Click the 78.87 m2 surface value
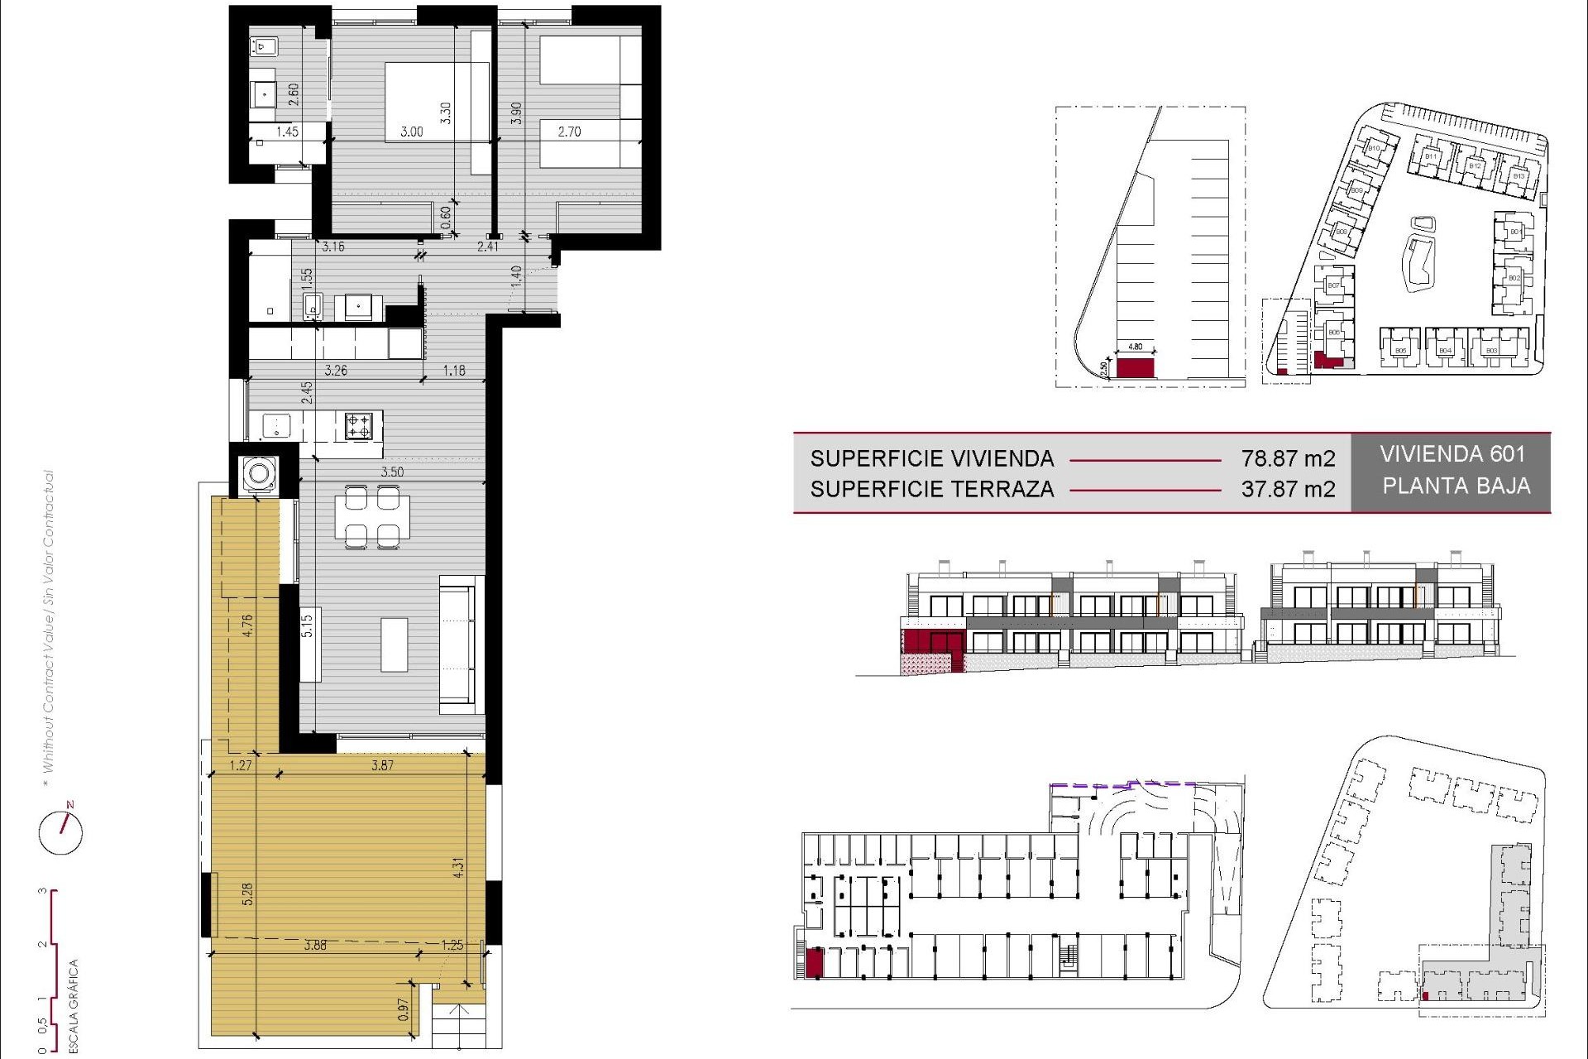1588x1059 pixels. pos(1287,458)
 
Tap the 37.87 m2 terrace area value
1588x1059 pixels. pos(1287,489)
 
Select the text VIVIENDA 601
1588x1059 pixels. pos(1452,454)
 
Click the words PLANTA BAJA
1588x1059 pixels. pos(1456,486)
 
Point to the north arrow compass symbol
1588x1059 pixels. pos(61,831)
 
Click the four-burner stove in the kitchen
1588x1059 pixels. pos(358,426)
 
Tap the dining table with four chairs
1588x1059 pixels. pos(372,517)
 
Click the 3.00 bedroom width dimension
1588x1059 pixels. pos(411,132)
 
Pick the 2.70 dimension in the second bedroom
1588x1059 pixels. pos(569,132)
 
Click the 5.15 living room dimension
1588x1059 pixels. pos(307,625)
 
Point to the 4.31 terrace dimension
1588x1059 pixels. pos(458,867)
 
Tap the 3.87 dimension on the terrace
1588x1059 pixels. pos(382,765)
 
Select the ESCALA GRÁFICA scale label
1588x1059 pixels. pos(74,1005)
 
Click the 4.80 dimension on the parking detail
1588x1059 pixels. pos(1135,347)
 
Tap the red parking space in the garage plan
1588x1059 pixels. pos(815,964)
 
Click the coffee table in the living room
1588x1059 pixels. pos(395,645)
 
